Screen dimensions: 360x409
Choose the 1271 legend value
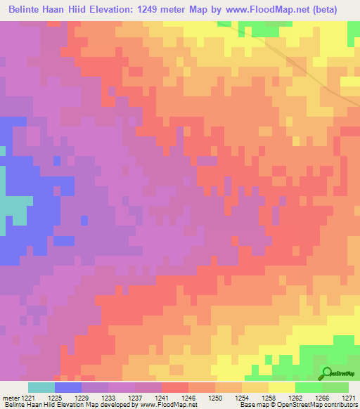click(x=349, y=396)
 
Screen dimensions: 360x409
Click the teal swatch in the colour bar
click(x=41, y=387)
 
